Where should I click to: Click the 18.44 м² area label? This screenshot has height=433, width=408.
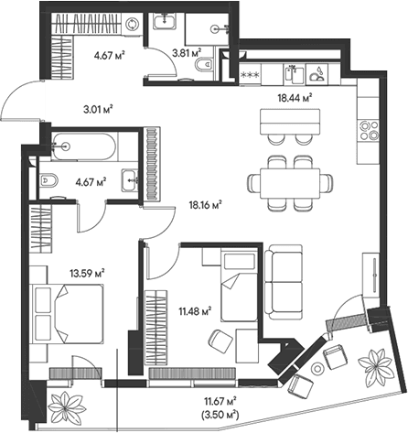click(295, 98)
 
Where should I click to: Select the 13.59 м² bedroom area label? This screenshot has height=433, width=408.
click(87, 273)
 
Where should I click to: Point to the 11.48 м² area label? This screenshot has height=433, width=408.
click(195, 311)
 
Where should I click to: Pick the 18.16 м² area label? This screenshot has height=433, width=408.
click(205, 205)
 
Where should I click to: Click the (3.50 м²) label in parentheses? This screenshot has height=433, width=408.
click(220, 415)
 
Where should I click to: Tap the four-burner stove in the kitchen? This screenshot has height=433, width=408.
click(369, 130)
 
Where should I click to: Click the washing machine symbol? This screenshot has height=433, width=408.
click(132, 24)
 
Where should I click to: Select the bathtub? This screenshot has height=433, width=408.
click(83, 146)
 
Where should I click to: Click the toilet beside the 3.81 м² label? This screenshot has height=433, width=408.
click(203, 64)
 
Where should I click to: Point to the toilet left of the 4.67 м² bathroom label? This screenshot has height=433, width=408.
click(48, 180)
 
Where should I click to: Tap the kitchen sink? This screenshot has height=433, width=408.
click(295, 75)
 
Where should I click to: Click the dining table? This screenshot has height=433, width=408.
click(290, 183)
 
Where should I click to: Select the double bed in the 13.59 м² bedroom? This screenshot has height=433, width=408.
click(69, 314)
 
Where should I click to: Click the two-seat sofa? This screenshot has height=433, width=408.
click(284, 282)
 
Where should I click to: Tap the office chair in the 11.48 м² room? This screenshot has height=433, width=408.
click(220, 341)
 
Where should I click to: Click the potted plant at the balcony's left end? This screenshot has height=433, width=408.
click(65, 406)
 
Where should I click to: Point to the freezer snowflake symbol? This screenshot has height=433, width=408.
click(251, 75)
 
